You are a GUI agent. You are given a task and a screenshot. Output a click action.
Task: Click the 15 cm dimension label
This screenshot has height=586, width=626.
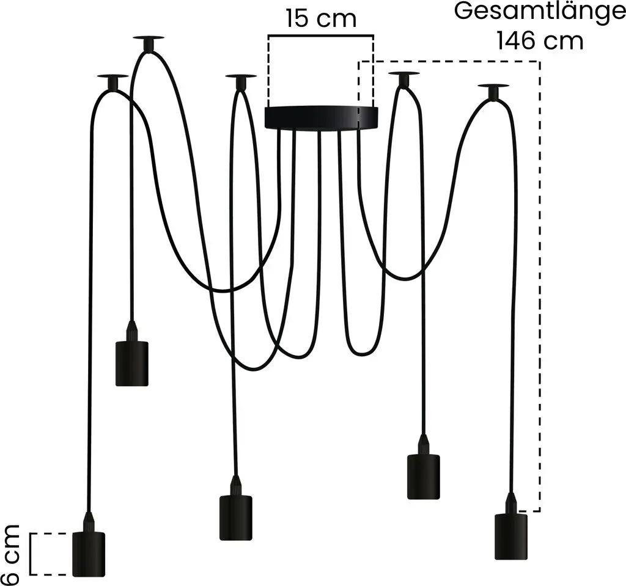(321, 19)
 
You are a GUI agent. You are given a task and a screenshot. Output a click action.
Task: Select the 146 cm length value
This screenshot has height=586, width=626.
(540, 41)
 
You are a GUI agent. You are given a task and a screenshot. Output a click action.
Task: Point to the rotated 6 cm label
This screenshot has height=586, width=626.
(10, 554)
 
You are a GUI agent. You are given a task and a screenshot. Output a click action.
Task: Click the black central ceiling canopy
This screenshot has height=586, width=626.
(322, 117)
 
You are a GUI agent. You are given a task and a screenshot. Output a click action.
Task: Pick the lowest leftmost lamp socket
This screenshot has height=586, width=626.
(89, 554)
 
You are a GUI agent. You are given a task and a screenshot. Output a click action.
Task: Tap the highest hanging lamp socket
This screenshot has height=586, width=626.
(132, 363)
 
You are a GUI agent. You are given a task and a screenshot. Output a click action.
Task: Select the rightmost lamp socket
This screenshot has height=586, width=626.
(511, 537)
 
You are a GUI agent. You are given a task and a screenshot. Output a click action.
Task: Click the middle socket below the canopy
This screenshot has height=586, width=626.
(236, 518)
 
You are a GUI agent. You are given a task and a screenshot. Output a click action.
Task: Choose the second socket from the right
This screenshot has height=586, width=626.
(424, 477)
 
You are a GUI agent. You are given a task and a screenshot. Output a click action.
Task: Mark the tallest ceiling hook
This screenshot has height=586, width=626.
(149, 43)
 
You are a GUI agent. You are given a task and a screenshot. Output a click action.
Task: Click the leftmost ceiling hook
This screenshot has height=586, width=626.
(113, 82)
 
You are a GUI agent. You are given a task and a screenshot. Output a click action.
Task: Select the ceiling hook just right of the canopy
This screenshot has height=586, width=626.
(404, 79)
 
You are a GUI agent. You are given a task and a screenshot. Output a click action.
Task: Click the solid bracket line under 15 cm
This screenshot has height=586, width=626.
(321, 36)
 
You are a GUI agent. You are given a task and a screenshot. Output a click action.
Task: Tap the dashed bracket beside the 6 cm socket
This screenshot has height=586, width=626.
(48, 554)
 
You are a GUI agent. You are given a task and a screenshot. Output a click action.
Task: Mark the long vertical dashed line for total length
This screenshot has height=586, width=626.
(540, 286)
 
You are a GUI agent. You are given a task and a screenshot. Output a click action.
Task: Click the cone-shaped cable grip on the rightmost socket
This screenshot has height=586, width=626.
(511, 503)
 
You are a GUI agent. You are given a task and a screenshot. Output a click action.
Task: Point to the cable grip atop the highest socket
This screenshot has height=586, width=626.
(132, 331)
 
